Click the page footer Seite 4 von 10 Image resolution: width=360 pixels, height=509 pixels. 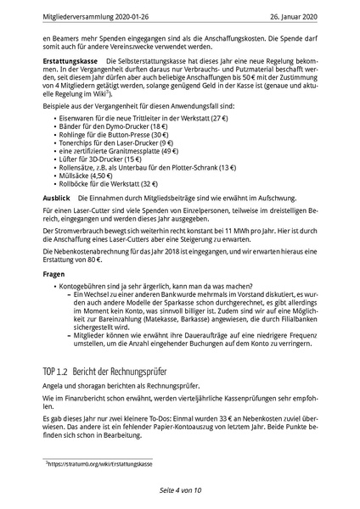(x=179, y=490)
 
